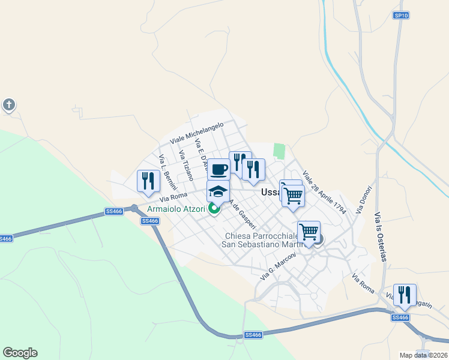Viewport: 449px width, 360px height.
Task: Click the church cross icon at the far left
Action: (x=8, y=106)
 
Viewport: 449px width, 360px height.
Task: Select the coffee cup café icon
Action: (x=219, y=169)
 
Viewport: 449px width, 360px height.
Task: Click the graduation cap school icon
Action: (x=218, y=191)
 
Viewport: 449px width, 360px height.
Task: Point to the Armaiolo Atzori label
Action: (x=172, y=209)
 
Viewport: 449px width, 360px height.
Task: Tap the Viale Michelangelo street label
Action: (x=196, y=132)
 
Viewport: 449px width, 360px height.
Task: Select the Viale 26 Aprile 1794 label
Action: (x=325, y=193)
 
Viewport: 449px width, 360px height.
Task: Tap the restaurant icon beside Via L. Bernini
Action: (x=148, y=181)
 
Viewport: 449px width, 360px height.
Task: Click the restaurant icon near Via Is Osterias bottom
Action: (x=405, y=295)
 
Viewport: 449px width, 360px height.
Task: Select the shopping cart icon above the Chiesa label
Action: (x=309, y=232)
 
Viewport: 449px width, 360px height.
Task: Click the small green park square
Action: (x=279, y=151)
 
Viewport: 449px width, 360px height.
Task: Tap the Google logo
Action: (x=20, y=353)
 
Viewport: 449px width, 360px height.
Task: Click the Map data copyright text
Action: (x=424, y=355)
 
